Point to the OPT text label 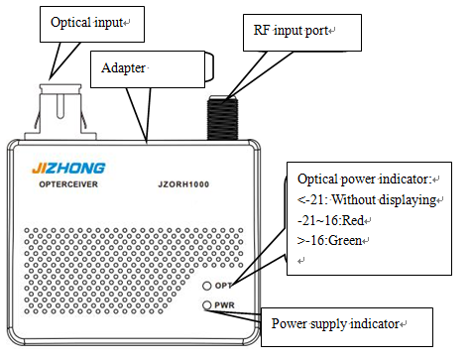tap(224, 286)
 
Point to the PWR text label tap(224, 305)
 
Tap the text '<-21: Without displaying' tap(367, 199)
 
